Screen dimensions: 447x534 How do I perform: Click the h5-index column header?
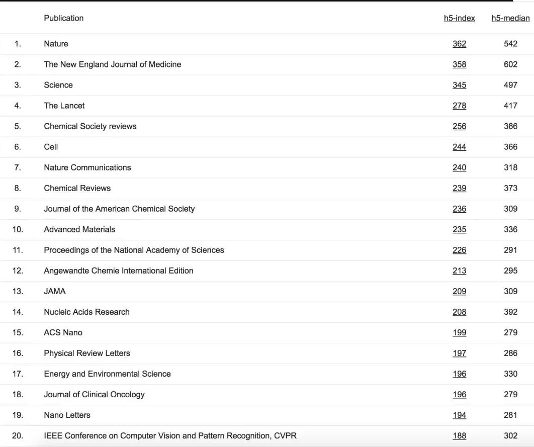click(x=459, y=18)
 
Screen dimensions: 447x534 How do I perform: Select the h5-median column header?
click(x=510, y=18)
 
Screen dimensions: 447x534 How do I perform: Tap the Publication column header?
click(x=63, y=18)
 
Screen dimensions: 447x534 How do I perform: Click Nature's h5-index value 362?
click(x=459, y=44)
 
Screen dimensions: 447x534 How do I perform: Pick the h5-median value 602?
click(x=510, y=64)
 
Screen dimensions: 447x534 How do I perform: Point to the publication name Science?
click(x=58, y=85)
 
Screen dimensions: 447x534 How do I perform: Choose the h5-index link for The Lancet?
click(x=459, y=106)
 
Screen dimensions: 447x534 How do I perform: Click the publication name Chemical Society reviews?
click(x=90, y=126)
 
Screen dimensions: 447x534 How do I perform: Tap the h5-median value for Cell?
click(x=510, y=147)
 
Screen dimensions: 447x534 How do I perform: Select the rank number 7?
click(x=18, y=167)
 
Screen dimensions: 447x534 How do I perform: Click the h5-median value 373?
click(x=510, y=188)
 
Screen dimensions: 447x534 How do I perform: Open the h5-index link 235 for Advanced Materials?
click(x=459, y=229)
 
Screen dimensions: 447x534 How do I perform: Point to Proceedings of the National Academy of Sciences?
click(x=134, y=250)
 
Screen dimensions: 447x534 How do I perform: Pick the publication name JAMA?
click(x=55, y=291)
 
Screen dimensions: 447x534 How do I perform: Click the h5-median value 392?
click(x=510, y=312)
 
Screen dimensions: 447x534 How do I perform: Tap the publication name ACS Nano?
click(x=63, y=332)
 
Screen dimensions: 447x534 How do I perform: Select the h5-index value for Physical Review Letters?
click(x=459, y=353)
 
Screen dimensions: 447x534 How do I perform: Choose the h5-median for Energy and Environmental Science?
click(x=510, y=374)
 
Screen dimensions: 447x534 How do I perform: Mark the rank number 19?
click(x=18, y=415)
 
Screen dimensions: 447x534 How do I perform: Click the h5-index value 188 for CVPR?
click(x=459, y=435)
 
